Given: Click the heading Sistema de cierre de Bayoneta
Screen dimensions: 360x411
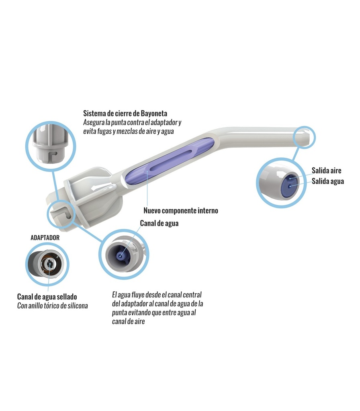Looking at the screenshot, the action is (125, 113).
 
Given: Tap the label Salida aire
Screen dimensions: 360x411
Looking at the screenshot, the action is (326, 170).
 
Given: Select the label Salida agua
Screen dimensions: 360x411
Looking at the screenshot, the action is (328, 181).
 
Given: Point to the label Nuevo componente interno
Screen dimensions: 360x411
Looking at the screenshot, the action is (181, 210).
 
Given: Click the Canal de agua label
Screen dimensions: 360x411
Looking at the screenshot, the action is (159, 223).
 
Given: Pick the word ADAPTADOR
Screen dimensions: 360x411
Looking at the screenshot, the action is (45, 238).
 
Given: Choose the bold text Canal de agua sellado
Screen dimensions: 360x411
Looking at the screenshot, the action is (47, 297).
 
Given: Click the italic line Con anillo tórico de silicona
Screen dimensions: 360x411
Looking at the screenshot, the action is (53, 305).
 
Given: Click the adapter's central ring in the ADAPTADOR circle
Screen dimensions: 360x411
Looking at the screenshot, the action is (49, 264).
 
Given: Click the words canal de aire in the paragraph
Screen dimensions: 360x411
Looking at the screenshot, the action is (128, 321).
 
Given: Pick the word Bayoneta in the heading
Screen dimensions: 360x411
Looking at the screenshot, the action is (154, 113).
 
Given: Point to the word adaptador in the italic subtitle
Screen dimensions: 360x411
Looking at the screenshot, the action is (163, 122).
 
